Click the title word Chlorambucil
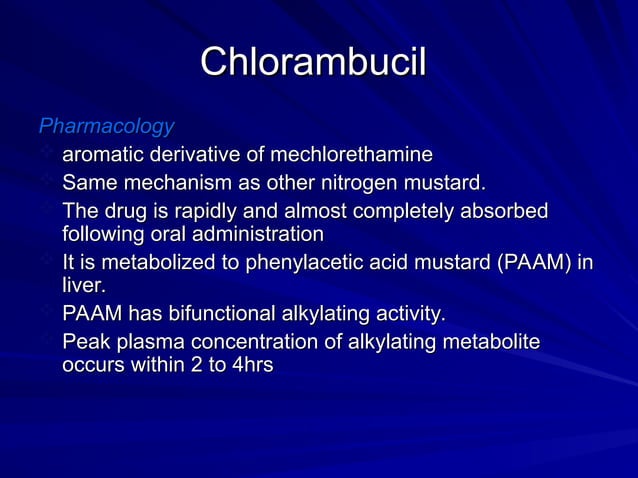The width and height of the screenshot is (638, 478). coord(313,62)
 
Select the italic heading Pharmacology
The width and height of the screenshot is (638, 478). coord(106,127)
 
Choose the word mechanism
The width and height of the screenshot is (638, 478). coord(172,183)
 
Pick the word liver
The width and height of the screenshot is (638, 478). coord(83,285)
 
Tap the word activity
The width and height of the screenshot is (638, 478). coord(407,314)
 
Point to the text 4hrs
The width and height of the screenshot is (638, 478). coord(250,365)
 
